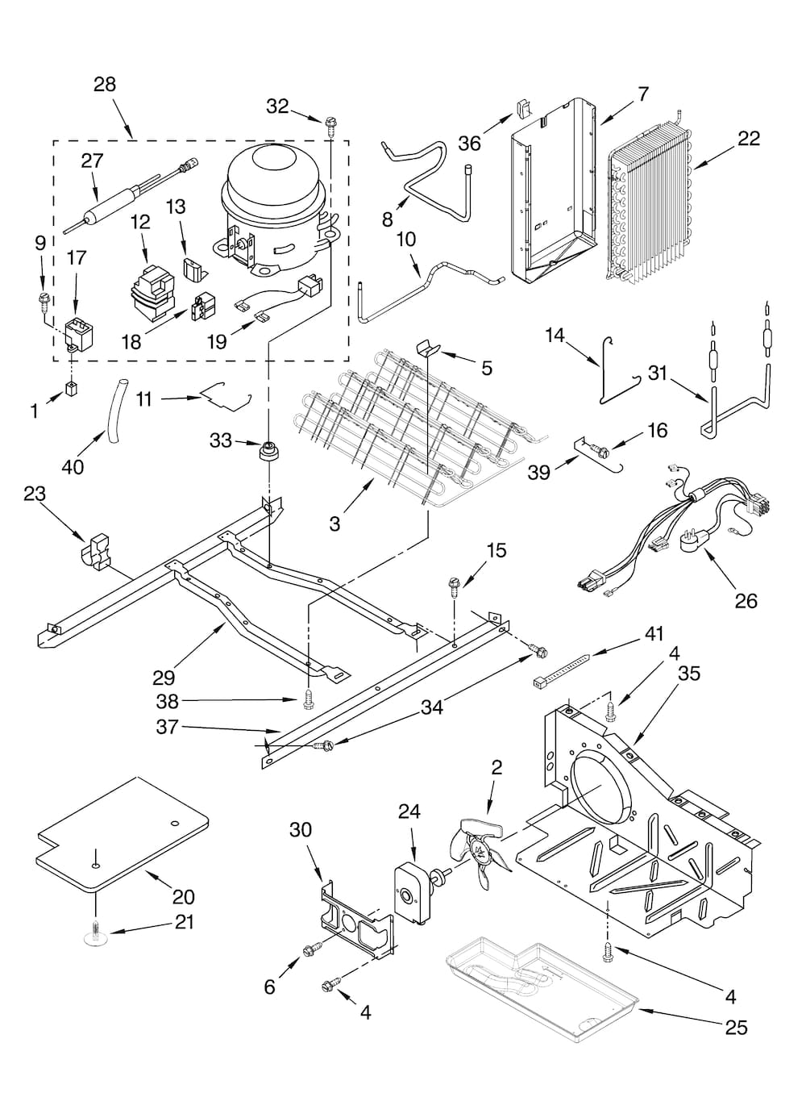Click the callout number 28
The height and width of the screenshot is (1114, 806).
tap(105, 84)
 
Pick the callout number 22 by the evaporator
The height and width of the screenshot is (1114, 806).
tap(748, 138)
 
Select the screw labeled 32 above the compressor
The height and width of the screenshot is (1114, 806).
tap(330, 123)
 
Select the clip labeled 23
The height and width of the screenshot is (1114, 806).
tap(96, 550)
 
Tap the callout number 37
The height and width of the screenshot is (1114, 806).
tap(167, 727)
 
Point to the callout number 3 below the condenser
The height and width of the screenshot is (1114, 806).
tap(334, 524)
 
